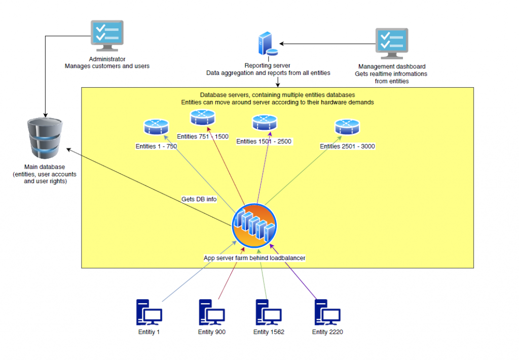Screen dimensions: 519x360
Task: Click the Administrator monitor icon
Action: tap(107, 36)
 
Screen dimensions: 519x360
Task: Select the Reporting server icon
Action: tap(268, 44)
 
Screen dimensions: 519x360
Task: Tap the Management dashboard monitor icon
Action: tap(392, 44)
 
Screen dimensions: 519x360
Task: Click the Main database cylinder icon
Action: tap(45, 138)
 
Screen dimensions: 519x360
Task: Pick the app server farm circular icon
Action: tap(254, 226)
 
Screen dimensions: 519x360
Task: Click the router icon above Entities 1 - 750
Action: tap(156, 127)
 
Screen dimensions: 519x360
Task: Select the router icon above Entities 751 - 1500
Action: tap(203, 118)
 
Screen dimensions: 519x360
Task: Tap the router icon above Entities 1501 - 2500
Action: tap(265, 123)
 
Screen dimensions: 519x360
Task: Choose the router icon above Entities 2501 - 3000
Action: tap(347, 127)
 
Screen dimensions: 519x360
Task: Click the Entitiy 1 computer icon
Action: tap(149, 312)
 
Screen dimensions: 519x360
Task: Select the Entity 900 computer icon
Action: tap(211, 312)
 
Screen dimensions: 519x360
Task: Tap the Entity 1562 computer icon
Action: tap(269, 312)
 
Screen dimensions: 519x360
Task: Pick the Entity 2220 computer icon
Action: tap(327, 312)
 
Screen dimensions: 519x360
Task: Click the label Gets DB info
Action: tap(199, 199)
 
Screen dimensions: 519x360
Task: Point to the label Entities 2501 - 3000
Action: tap(347, 146)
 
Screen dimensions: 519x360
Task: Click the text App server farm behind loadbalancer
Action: tap(254, 258)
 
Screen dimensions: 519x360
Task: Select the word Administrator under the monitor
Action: tap(107, 59)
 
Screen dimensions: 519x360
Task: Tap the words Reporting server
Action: tap(268, 65)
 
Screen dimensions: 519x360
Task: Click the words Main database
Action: tap(45, 167)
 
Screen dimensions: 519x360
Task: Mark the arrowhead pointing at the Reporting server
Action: tap(281, 44)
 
